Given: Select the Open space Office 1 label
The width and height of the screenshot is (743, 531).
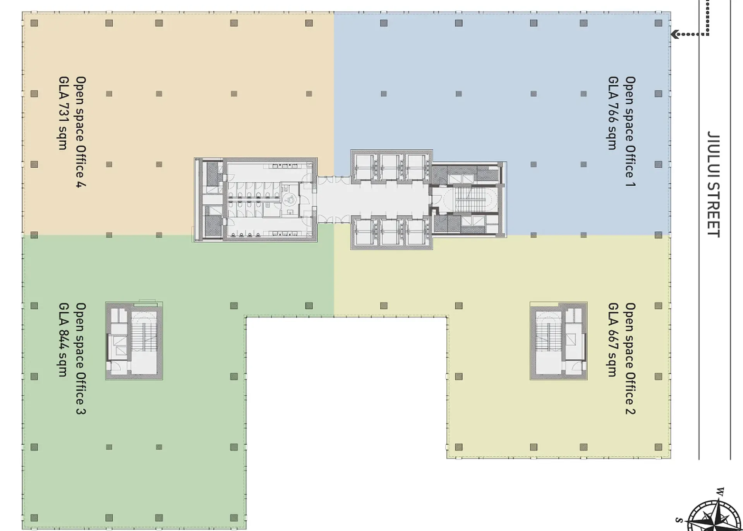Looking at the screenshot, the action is pyautogui.click(x=630, y=131).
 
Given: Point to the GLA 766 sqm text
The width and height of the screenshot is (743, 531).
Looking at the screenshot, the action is pyautogui.click(x=613, y=113).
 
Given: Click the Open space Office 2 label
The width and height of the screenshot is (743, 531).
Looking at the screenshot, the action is pyautogui.click(x=630, y=358).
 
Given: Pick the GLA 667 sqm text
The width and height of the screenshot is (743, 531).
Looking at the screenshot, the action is pyautogui.click(x=613, y=340).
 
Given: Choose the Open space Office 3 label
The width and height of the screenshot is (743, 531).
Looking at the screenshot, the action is pyautogui.click(x=81, y=358).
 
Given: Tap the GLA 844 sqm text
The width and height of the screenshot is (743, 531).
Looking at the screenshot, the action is pyautogui.click(x=63, y=340).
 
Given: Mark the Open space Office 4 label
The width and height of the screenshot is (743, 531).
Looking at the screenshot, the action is pyautogui.click(x=81, y=132).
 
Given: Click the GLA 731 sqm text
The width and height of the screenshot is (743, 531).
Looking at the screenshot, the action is pyautogui.click(x=63, y=113).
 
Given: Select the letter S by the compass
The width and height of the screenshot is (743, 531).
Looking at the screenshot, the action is pyautogui.click(x=678, y=520).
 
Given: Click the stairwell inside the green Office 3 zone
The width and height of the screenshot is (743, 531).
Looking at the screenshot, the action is pyautogui.click(x=134, y=341).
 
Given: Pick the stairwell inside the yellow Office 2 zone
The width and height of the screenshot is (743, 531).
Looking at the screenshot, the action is pyautogui.click(x=558, y=341).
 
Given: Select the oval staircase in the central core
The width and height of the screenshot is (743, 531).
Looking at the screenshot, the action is pyautogui.click(x=470, y=200).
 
